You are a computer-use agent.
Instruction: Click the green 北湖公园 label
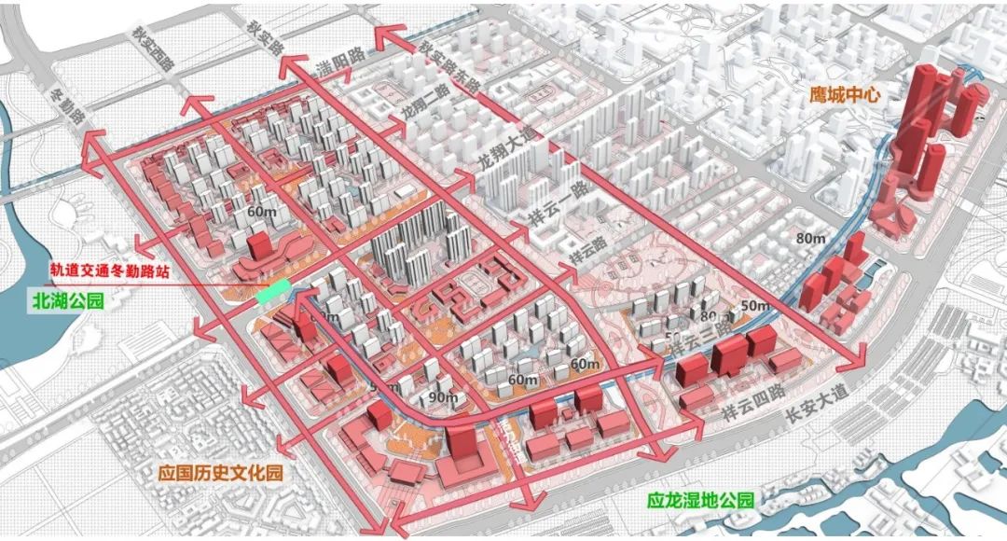click(x=64, y=301)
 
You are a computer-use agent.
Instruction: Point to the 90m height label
click(x=444, y=398)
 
